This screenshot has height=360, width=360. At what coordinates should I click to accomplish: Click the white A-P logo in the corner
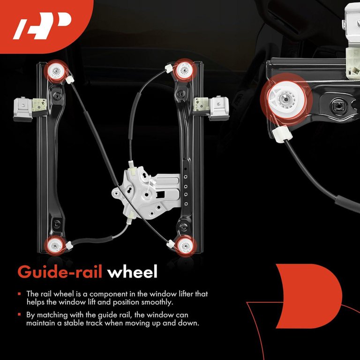42,25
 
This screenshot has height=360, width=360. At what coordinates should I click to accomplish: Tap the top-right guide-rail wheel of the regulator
185,70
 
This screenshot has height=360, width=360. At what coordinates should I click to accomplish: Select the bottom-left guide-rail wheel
55,246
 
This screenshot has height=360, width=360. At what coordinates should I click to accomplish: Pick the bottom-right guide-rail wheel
186,247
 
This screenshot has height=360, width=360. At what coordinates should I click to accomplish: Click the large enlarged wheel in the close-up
286,99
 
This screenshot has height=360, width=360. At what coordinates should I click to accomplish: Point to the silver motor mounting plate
146,193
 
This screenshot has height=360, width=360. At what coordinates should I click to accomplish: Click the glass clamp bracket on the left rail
30,109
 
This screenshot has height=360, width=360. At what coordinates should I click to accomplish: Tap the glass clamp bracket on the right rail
211,108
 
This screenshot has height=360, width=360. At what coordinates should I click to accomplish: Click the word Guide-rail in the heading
60,272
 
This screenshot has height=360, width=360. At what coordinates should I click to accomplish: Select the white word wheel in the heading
133,271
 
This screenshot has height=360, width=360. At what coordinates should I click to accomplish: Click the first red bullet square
19,293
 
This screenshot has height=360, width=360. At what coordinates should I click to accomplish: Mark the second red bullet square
19,315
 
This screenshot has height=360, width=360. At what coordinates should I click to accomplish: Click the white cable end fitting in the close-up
282,134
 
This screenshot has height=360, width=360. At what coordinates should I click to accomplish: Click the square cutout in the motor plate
160,195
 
